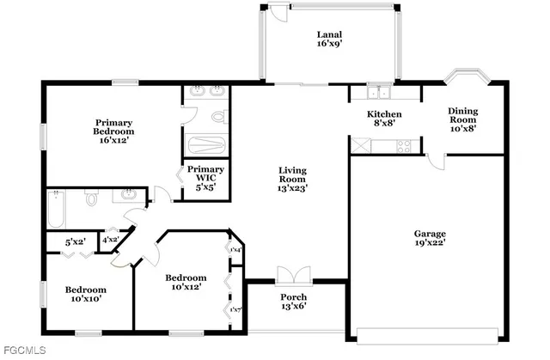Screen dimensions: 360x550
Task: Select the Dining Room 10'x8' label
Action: pos(462,119)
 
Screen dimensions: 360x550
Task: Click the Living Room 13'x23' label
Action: pos(292,178)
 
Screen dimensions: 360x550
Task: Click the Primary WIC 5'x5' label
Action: pos(206,175)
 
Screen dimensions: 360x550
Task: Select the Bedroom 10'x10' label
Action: pos(86,295)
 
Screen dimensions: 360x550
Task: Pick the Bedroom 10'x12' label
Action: pos(186,283)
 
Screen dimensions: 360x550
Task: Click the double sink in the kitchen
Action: pos(378,93)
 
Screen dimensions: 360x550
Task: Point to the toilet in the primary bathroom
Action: pos(217,115)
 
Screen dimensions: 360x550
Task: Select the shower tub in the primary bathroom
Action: pos(206,145)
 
